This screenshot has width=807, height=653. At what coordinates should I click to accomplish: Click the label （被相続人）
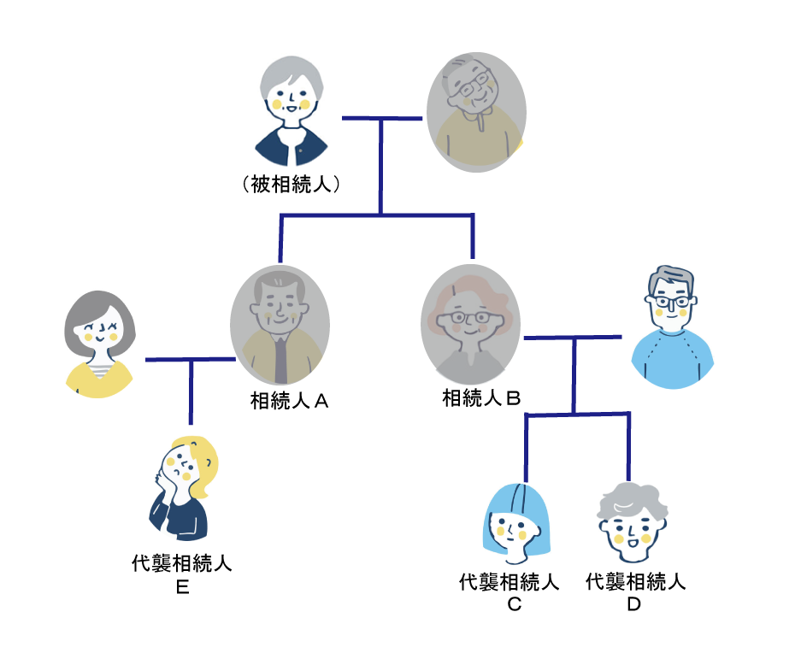(292, 184)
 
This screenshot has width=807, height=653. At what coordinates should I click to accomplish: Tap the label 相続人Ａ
(290, 400)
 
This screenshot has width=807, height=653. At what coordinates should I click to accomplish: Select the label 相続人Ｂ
(482, 397)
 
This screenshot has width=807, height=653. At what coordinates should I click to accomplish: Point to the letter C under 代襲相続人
(514, 604)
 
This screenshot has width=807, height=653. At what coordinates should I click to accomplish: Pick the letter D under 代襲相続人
(633, 604)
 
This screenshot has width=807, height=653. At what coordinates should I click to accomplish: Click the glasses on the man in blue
(673, 301)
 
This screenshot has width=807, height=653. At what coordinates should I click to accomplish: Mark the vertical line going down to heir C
(525, 449)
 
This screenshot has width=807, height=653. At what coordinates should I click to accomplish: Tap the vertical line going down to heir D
(629, 449)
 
